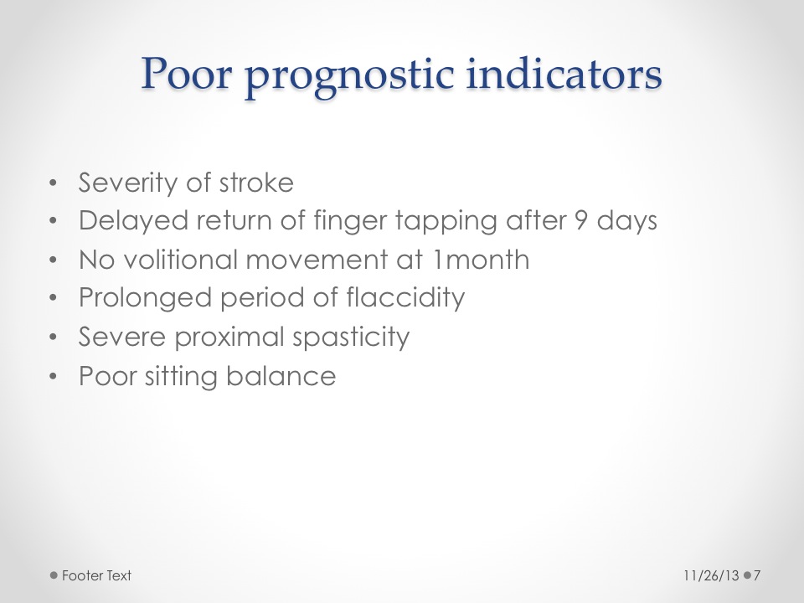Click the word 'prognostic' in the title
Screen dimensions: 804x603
(349, 77)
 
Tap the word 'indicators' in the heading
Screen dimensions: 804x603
(564, 74)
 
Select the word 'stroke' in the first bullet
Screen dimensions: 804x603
(256, 183)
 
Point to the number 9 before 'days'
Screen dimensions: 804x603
(580, 221)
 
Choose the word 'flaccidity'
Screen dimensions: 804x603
(405, 299)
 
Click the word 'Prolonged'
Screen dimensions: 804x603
(145, 299)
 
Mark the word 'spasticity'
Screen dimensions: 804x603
(351, 338)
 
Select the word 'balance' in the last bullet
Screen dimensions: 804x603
(281, 376)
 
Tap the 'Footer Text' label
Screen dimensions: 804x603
(96, 576)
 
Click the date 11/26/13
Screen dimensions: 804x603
(711, 576)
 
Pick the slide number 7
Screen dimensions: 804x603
(757, 576)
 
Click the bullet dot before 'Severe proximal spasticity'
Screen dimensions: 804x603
(54, 338)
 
